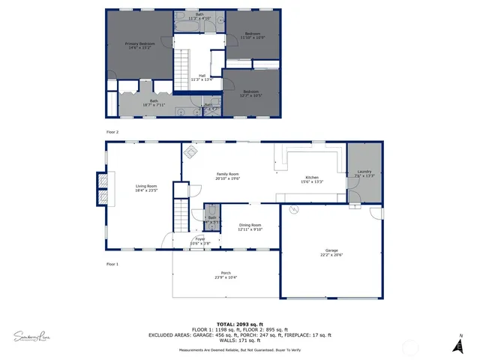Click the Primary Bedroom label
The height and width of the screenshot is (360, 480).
click(x=140, y=46)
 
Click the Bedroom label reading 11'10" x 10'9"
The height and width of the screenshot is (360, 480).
click(x=253, y=35)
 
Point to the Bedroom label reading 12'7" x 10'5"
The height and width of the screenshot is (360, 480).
click(x=253, y=94)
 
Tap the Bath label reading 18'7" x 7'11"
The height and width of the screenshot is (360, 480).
click(x=154, y=103)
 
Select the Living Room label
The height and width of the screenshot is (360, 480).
click(x=146, y=187)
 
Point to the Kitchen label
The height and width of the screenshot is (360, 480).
click(x=311, y=180)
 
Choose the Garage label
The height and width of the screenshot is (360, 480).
click(x=331, y=253)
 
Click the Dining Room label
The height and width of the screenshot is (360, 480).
click(x=250, y=227)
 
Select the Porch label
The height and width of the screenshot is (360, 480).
click(x=226, y=275)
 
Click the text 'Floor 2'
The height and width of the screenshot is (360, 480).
click(x=112, y=132)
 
